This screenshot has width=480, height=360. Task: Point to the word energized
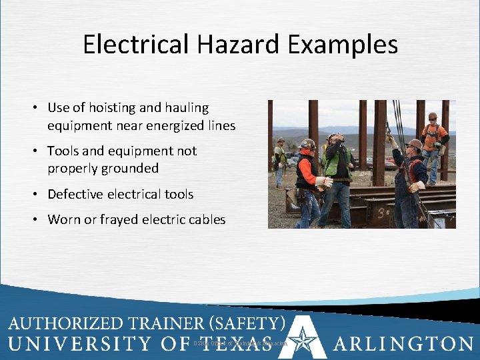(x=164, y=125)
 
